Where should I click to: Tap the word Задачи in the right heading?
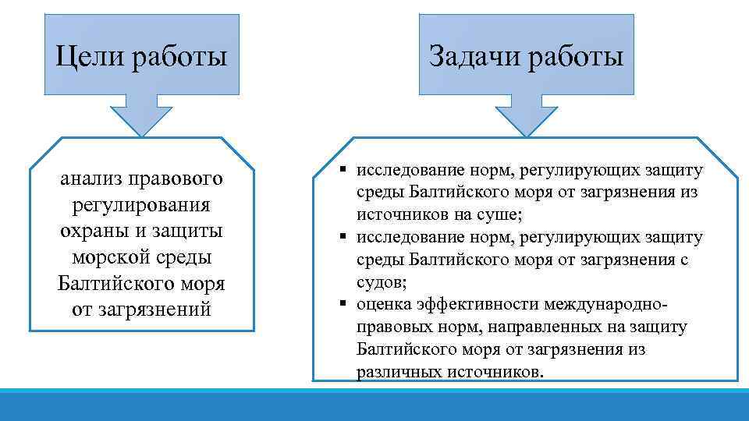tap(474, 56)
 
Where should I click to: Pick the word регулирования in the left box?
tap(141, 206)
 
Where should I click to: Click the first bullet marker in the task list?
tap(344, 170)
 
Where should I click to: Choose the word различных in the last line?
tap(399, 372)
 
